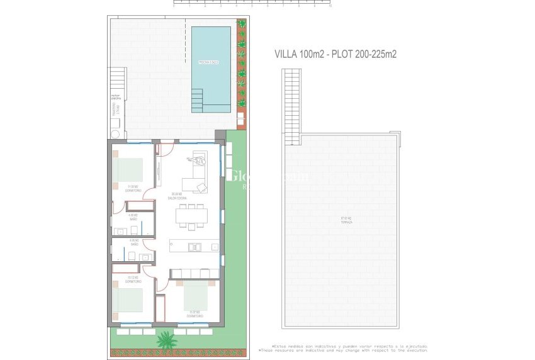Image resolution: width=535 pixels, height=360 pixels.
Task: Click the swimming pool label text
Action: [x=208, y=62]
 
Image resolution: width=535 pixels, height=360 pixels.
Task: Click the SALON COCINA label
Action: [x=176, y=196]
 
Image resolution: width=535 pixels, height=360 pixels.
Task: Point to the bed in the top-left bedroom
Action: [x=129, y=169]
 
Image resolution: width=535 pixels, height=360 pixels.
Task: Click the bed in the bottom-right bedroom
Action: [x=195, y=295]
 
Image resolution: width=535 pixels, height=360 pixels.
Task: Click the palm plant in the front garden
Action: [x=166, y=340]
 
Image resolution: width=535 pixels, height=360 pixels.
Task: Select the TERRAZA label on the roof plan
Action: [x=347, y=220]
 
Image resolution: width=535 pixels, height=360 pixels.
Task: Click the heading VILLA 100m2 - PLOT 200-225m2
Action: [x=335, y=54]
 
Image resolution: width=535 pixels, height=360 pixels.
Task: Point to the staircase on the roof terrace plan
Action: [x=292, y=104]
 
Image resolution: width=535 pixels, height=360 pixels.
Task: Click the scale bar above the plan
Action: [x=252, y=3]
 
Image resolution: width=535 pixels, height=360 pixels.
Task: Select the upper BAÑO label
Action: [x=133, y=217]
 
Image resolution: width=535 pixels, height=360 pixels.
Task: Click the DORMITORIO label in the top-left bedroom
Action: [x=133, y=188]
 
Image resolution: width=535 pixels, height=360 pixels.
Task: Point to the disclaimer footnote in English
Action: [x=342, y=351]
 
